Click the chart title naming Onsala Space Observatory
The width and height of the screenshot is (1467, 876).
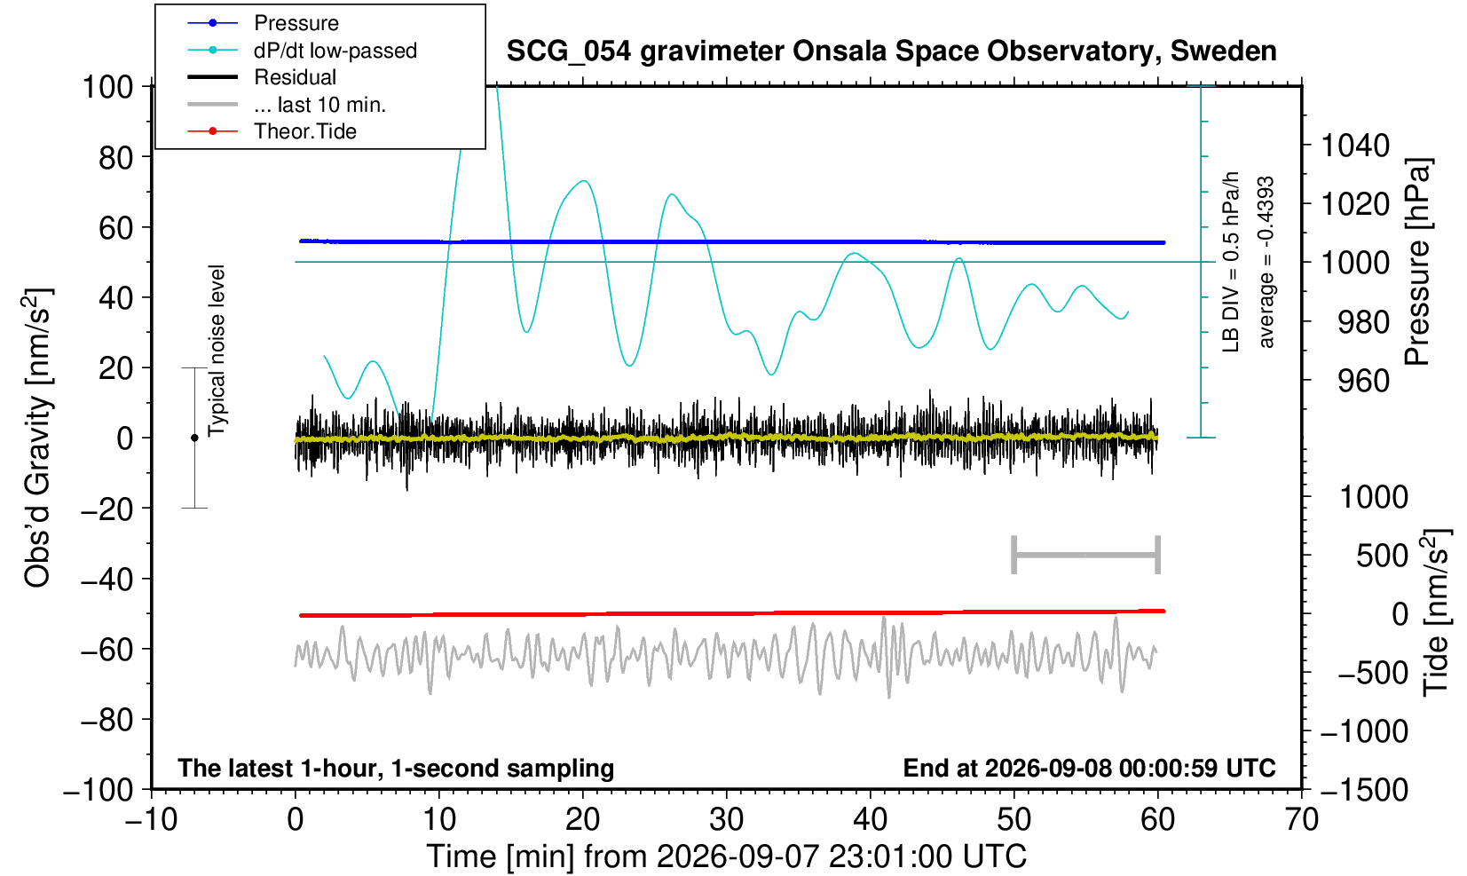tap(891, 51)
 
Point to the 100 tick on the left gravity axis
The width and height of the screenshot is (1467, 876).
tap(107, 87)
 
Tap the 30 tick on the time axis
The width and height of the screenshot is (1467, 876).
tap(726, 820)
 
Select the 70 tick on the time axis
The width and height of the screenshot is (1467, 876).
tap(1301, 820)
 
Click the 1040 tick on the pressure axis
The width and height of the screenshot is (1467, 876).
tap(1355, 146)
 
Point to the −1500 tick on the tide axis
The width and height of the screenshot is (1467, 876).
tap(1363, 790)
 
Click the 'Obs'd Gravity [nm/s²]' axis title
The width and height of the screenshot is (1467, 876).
tap(36, 438)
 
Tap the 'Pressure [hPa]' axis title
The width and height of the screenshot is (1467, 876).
tap(1417, 262)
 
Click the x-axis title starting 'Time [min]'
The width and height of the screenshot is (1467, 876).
tap(726, 856)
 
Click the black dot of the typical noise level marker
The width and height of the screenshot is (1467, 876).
tap(194, 438)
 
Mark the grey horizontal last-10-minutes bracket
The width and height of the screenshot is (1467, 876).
tap(1086, 555)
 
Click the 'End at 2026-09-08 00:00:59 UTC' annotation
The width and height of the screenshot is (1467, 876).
tap(1089, 768)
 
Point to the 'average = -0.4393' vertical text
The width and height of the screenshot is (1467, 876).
tap(1266, 262)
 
